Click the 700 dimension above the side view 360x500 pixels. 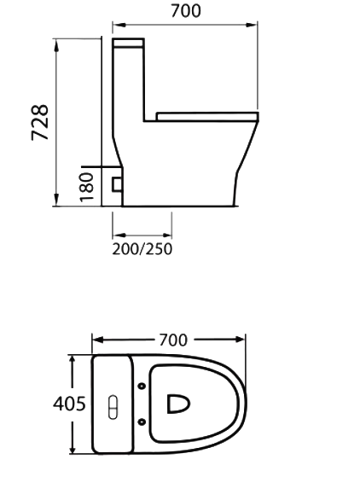pos(185,11)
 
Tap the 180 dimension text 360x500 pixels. pos(86,185)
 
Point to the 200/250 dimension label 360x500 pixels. pos(142,249)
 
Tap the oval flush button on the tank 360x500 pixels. pos(111,406)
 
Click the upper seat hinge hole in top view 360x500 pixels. pos(141,387)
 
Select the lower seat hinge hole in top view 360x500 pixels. pos(141,423)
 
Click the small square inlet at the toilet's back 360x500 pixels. pos(116,182)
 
